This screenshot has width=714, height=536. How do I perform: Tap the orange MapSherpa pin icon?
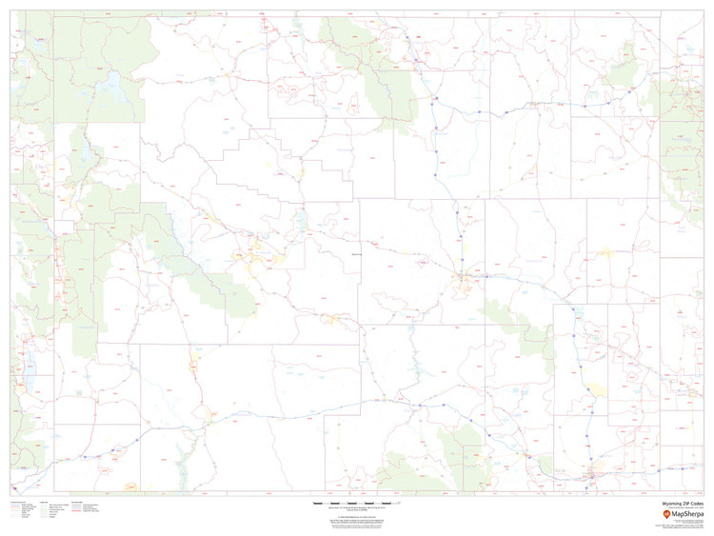point(666,515)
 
